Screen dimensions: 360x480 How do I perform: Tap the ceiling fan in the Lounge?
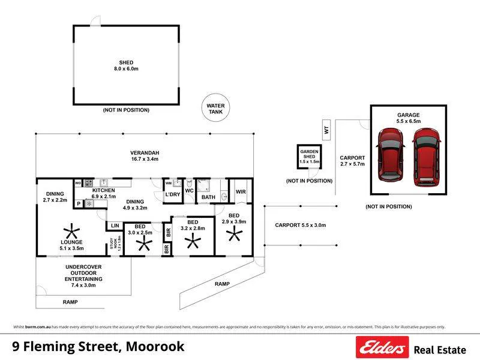[x=71, y=232]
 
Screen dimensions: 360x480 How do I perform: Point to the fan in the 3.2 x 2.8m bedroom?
[x=193, y=241]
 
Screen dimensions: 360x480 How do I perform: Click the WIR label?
[x=241, y=192]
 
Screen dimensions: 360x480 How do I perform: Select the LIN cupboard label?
[x=113, y=226]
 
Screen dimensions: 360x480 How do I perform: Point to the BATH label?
[x=208, y=197]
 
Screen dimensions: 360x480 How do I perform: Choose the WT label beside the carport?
[x=326, y=128]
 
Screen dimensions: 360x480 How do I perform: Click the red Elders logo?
[x=382, y=347]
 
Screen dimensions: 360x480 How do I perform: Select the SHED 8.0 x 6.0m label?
[x=126, y=65]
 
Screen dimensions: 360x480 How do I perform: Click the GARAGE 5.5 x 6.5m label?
[x=408, y=118]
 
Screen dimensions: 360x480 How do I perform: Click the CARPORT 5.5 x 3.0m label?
[x=300, y=225]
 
